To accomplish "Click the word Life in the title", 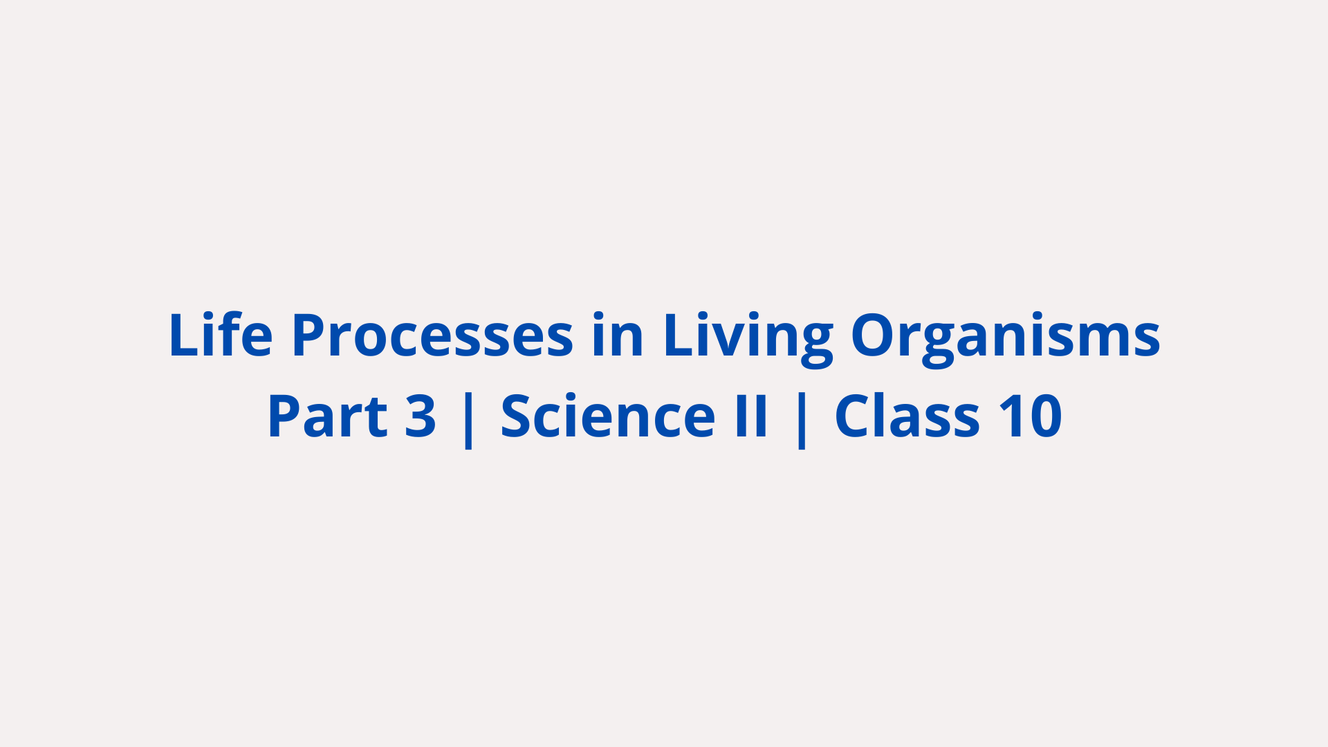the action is (x=221, y=334).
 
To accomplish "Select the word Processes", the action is (x=433, y=334).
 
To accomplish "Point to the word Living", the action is (x=748, y=338).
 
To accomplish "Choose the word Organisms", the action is (x=1006, y=340).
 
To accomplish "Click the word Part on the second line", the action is (x=327, y=416).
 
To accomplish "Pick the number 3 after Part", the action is (x=421, y=416).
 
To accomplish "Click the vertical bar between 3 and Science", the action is (x=468, y=418).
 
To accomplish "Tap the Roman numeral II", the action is (x=751, y=416).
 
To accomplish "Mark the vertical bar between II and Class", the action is (x=802, y=418).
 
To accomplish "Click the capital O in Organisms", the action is (x=873, y=334).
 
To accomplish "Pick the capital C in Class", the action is (x=855, y=416).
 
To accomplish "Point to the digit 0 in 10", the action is (x=1044, y=416).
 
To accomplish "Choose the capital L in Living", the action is (x=679, y=335).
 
